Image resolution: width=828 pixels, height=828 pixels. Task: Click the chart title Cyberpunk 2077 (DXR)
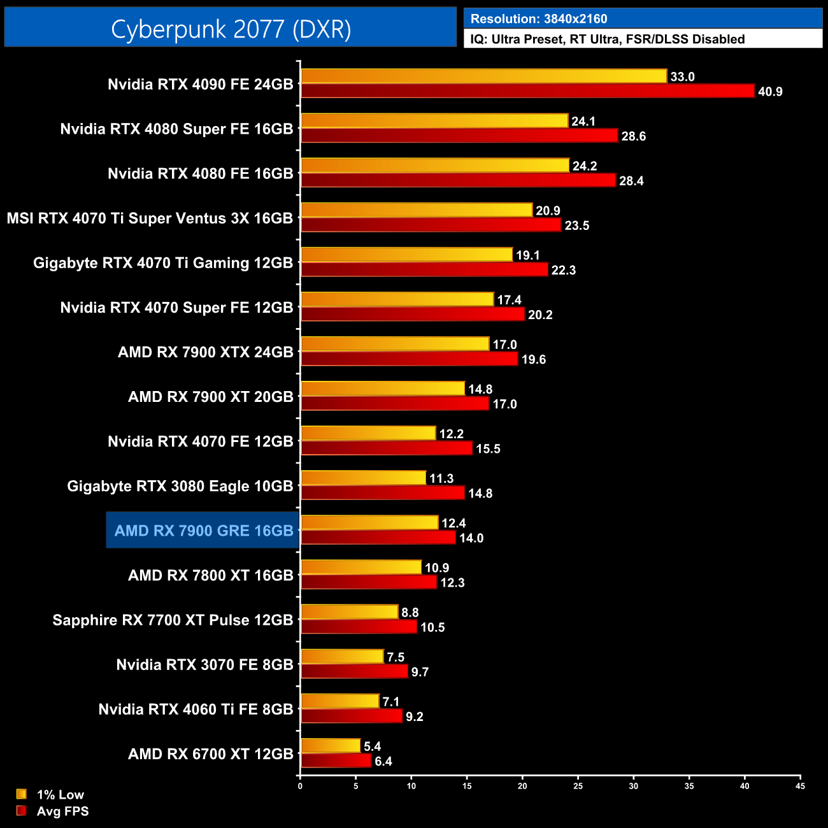(x=231, y=29)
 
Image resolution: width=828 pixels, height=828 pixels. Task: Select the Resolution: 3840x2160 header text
(x=539, y=19)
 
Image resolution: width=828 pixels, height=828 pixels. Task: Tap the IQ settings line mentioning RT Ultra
(x=608, y=39)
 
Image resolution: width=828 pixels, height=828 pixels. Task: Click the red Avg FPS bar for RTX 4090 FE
(x=527, y=91)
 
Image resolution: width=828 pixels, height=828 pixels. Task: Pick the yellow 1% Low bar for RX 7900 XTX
(x=395, y=344)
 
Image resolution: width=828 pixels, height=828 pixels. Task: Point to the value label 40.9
(x=770, y=92)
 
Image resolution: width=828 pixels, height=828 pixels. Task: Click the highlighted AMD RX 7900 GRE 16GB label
(x=204, y=531)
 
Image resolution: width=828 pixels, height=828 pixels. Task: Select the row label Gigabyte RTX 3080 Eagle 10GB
(x=180, y=486)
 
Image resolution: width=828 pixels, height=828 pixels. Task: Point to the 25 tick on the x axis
(x=578, y=786)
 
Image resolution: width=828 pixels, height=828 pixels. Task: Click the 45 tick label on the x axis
(x=800, y=786)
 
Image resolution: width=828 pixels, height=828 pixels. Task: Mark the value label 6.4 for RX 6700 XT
(x=383, y=761)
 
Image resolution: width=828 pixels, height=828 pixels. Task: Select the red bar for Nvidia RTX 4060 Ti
(x=352, y=716)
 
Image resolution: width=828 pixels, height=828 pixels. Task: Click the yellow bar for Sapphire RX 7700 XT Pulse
(x=350, y=612)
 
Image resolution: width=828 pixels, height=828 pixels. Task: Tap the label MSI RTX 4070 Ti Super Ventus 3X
(x=150, y=218)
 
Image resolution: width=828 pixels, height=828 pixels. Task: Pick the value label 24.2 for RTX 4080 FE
(x=585, y=166)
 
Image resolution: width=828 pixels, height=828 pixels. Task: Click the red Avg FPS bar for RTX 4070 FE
(x=387, y=448)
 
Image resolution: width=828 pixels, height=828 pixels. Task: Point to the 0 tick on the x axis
(x=300, y=786)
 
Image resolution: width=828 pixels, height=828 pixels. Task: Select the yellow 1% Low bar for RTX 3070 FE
(x=342, y=657)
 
